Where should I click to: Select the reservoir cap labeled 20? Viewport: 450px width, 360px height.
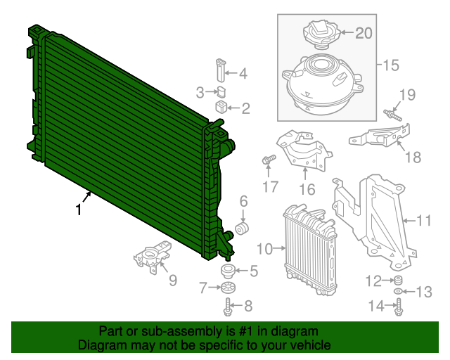click(x=321, y=34)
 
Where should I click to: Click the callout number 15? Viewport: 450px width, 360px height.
click(x=390, y=65)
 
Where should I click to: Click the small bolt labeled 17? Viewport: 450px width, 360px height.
click(x=268, y=160)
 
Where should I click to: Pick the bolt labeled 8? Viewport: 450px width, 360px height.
click(x=229, y=306)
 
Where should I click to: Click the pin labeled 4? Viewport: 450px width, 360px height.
click(x=219, y=72)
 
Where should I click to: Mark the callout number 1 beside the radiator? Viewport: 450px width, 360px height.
click(x=79, y=210)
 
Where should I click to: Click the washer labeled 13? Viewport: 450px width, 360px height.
click(x=398, y=290)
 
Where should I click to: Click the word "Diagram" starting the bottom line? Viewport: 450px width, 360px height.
click(x=101, y=346)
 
